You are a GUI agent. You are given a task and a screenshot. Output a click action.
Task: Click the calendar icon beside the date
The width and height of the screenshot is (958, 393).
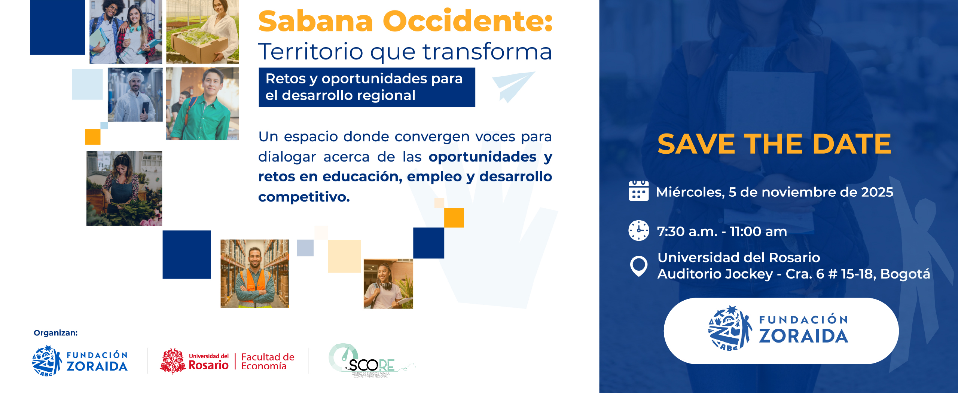tap(638, 191)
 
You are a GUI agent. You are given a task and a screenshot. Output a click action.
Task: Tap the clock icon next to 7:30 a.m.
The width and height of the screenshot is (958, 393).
tap(638, 230)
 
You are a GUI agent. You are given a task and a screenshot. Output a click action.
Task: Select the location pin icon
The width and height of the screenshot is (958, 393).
tap(638, 266)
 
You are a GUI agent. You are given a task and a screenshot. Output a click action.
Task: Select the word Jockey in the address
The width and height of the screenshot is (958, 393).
tap(751, 274)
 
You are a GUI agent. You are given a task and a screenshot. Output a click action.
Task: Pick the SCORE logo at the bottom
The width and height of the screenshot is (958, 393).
tap(370, 361)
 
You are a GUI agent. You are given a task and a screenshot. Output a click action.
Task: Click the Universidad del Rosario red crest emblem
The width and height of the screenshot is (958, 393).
tap(173, 361)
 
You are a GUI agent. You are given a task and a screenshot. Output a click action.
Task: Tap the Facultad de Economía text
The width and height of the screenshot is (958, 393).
tap(267, 361)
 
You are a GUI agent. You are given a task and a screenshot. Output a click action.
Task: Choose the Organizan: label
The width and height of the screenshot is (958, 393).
tap(55, 333)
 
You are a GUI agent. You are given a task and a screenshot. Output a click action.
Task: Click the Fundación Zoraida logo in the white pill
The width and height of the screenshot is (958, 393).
tap(781, 331)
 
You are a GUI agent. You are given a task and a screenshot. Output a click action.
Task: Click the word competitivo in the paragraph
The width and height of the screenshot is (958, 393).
tap(303, 197)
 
